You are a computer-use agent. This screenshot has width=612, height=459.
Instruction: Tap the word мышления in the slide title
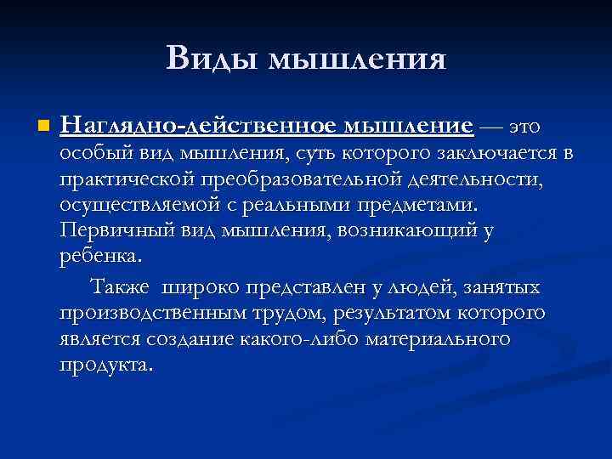point(356,59)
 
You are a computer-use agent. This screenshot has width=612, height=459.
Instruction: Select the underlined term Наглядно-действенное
point(201,127)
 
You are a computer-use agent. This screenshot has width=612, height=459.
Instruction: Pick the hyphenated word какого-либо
point(314,339)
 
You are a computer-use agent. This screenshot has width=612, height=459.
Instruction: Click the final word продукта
point(107,365)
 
